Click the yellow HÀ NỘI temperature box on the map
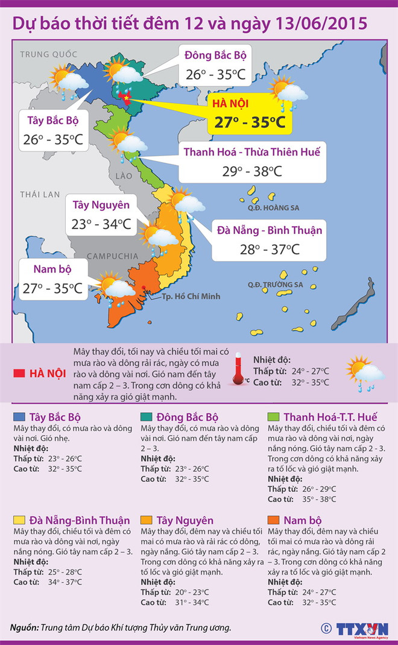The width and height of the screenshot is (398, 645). tap(248, 114)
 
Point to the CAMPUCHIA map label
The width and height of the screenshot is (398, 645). tap(113, 256)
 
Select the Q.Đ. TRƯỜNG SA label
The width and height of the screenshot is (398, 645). tap(275, 285)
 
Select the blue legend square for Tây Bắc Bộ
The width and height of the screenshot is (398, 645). tap(19, 417)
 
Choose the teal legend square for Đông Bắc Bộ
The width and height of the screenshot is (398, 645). tap(146, 417)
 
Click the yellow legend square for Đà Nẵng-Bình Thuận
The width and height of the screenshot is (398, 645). tap(19, 520)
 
